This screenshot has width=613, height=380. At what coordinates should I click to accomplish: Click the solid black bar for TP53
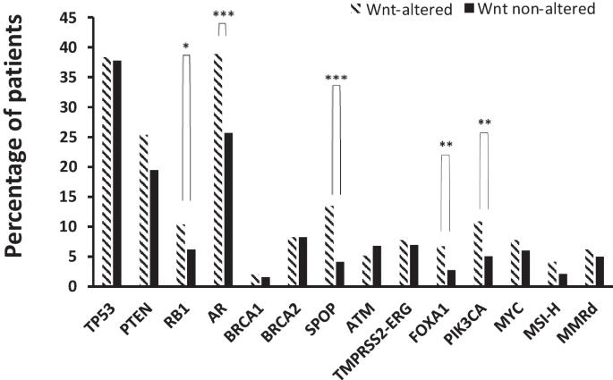click(117, 173)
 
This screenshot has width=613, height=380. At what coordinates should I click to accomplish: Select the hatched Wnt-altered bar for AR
click(218, 170)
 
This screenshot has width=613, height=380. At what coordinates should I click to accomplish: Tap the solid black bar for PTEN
click(154, 228)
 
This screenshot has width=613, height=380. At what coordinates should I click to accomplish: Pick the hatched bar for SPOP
click(329, 246)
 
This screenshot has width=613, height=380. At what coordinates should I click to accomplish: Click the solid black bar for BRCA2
click(302, 261)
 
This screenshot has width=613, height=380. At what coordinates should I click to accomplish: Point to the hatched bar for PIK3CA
click(478, 253)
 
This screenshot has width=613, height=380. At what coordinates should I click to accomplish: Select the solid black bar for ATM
click(377, 266)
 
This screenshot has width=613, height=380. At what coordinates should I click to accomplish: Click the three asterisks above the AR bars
click(223, 15)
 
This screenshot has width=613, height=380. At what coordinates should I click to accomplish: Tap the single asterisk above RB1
click(186, 46)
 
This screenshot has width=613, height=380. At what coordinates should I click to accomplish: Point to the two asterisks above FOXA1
click(446, 145)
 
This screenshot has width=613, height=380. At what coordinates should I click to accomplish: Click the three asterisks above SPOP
click(336, 78)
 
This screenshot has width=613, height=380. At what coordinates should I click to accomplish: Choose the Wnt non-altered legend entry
click(530, 9)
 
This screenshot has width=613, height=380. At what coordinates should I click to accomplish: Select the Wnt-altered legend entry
click(402, 9)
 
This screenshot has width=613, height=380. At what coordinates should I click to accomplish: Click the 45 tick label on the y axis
click(68, 18)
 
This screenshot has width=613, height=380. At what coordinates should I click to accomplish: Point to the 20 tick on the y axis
click(68, 167)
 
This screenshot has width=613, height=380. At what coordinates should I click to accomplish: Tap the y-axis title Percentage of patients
click(14, 136)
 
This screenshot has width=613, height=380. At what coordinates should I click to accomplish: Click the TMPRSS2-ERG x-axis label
click(372, 341)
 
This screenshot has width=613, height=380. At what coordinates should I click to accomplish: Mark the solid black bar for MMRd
click(600, 271)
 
